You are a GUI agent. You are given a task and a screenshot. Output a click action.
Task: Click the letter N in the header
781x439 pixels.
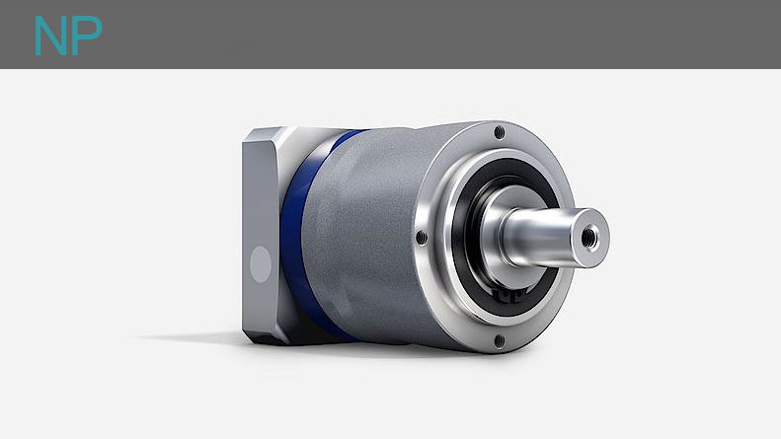point(51,36)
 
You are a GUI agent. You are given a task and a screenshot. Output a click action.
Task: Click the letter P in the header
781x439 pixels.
point(87,36)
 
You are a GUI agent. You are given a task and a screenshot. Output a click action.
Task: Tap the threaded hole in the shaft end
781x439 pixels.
point(589,236)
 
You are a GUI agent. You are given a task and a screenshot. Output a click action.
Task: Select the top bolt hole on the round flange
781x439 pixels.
point(499,132)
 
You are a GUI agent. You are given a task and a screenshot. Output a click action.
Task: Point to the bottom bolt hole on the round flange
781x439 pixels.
point(499,341)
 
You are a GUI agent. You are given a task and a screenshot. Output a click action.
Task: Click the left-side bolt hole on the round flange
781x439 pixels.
point(422,238)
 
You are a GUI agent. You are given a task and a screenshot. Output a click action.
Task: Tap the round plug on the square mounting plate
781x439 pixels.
point(261,264)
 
